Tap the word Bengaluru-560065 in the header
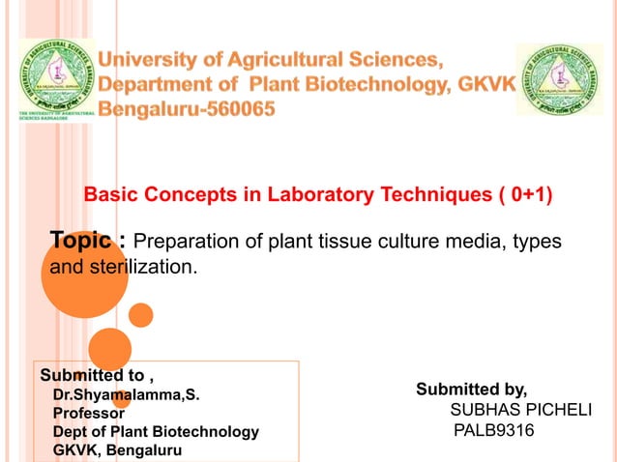pyautogui.click(x=192, y=109)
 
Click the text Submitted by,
pyautogui.click(x=472, y=390)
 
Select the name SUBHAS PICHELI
pyautogui.click(x=521, y=410)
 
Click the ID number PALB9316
pyautogui.click(x=493, y=429)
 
